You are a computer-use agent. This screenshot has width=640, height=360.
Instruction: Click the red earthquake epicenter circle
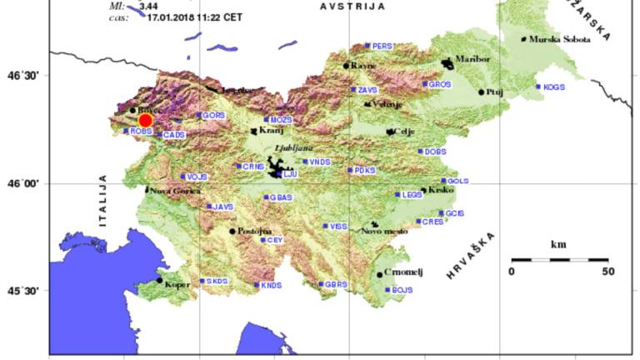pyautogui.click(x=145, y=120)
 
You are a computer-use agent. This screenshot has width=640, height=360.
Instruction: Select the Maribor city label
pyautogui.click(x=472, y=59)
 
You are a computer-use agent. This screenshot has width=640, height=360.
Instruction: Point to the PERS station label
pyautogui.click(x=382, y=47)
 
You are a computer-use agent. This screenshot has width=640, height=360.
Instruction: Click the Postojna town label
pyautogui.click(x=255, y=231)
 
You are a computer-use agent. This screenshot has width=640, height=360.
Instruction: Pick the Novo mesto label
pyautogui.click(x=384, y=231)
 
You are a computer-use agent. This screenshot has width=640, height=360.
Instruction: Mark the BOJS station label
pyautogui.click(x=402, y=290)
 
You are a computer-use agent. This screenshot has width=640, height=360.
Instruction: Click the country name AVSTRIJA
pyautogui.click(x=352, y=7)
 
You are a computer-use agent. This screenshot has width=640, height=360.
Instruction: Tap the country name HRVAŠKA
pyautogui.click(x=470, y=255)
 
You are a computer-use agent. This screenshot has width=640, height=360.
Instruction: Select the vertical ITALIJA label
pyautogui.click(x=103, y=201)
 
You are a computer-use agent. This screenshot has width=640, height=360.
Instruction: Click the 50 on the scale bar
pyautogui.click(x=607, y=272)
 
